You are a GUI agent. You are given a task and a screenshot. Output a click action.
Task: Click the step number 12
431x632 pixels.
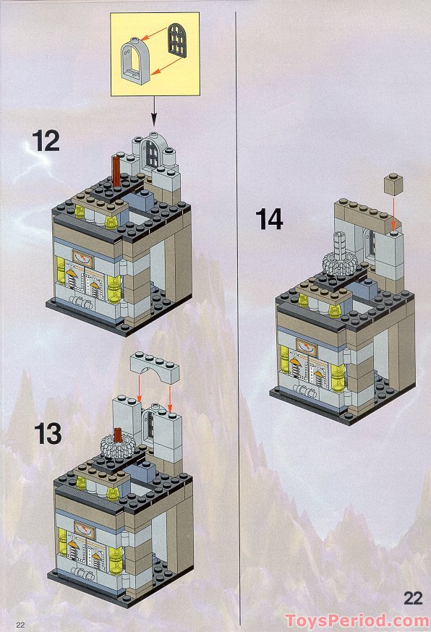point(46,140)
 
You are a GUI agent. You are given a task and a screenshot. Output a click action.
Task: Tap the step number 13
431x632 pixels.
point(48,433)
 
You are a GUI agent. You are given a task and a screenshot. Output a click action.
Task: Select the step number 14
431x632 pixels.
point(269,220)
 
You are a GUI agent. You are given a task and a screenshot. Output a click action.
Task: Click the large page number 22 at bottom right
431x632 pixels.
point(412,599)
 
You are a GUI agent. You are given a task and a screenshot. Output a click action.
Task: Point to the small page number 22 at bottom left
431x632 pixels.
point(20,625)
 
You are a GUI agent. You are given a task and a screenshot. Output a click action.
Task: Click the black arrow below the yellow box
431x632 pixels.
point(154,111)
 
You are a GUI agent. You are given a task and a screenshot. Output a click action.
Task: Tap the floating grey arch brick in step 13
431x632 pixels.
point(155,367)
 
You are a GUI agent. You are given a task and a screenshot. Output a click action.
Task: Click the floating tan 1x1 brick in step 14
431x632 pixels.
point(393,184)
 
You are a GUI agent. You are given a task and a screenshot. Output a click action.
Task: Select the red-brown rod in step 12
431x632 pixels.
point(117,171)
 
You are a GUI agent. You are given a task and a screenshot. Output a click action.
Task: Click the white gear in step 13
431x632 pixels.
point(118,448)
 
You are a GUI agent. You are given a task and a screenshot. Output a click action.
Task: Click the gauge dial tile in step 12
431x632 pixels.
point(83,259)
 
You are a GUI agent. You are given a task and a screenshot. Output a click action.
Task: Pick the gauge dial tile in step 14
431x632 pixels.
point(307,346)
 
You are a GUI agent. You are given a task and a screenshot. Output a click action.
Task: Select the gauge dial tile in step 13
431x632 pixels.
point(85,531)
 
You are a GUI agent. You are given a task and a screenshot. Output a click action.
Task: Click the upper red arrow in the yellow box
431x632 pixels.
point(155,34)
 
